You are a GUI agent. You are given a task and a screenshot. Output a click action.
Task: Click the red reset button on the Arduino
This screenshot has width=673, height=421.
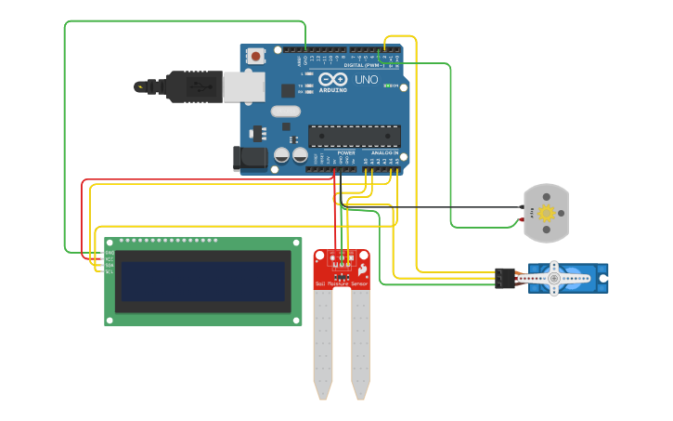tap(255, 57)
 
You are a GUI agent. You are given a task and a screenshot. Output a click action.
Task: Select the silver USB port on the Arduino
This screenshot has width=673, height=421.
tap(242, 86)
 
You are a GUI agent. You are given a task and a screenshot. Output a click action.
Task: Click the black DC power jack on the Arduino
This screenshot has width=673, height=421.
tap(250, 158)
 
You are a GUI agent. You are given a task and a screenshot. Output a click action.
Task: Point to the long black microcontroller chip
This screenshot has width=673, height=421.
tap(354, 136)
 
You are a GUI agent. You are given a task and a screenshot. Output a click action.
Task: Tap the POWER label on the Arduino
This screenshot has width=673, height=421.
tap(345, 152)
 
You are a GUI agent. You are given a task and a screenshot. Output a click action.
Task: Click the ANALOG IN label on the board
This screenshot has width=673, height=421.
tap(384, 152)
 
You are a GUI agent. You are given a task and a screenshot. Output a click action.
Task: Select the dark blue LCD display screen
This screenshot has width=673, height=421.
tap(202, 281)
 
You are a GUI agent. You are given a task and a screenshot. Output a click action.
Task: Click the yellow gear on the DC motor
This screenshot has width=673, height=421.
tap(547, 214)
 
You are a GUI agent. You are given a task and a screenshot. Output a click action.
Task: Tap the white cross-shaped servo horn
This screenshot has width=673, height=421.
tap(554, 278)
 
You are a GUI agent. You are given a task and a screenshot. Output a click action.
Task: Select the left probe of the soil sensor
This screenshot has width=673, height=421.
tap(323, 344)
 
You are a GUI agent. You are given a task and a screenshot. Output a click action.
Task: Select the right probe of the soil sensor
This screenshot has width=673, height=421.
tap(360, 344)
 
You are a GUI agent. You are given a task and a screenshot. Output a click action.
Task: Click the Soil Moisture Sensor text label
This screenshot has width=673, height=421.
tap(342, 283)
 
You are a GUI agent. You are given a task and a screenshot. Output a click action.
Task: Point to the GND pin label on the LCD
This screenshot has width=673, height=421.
tap(110, 252)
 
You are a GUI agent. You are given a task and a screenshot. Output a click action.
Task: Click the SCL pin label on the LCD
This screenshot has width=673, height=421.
tap(110, 271)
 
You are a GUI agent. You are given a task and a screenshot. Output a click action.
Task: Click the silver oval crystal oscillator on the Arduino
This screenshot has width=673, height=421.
tap(286, 112)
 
